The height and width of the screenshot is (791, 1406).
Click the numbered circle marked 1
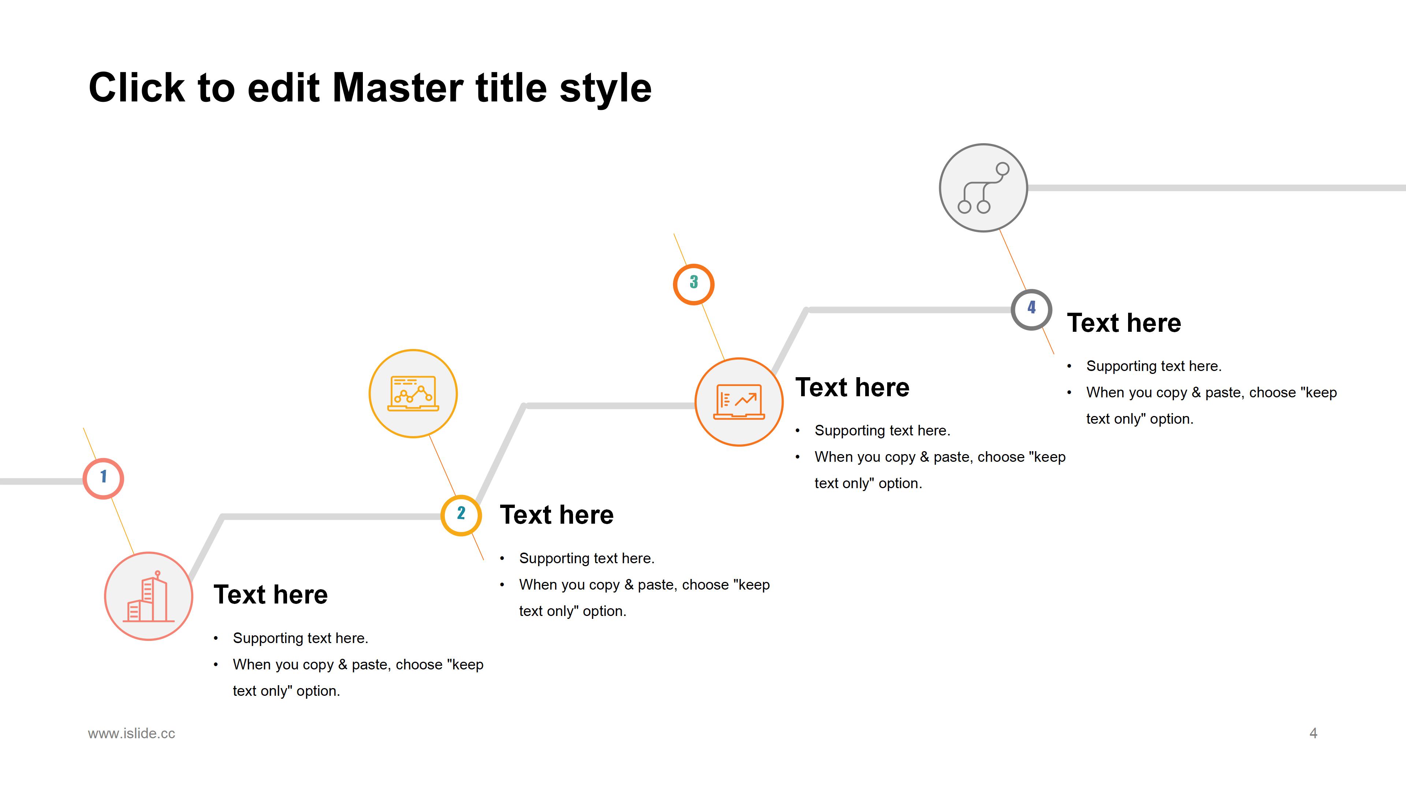click(x=103, y=478)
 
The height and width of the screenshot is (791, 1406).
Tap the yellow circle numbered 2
click(x=461, y=515)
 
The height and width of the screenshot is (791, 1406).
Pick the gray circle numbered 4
click(x=1031, y=309)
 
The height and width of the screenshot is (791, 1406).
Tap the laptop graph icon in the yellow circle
click(x=413, y=393)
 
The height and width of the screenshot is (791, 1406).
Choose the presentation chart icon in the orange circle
click(x=739, y=402)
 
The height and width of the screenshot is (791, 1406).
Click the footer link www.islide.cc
click(x=131, y=733)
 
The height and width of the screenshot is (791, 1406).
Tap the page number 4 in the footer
click(x=1313, y=733)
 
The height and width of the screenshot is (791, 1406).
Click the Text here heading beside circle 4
click(x=1124, y=323)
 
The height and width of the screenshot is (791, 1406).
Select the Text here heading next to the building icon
click(x=271, y=594)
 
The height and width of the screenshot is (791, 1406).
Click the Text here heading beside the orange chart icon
click(x=852, y=387)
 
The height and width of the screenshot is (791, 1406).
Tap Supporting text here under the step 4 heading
click(x=1154, y=366)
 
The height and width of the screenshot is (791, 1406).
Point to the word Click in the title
click(x=137, y=88)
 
